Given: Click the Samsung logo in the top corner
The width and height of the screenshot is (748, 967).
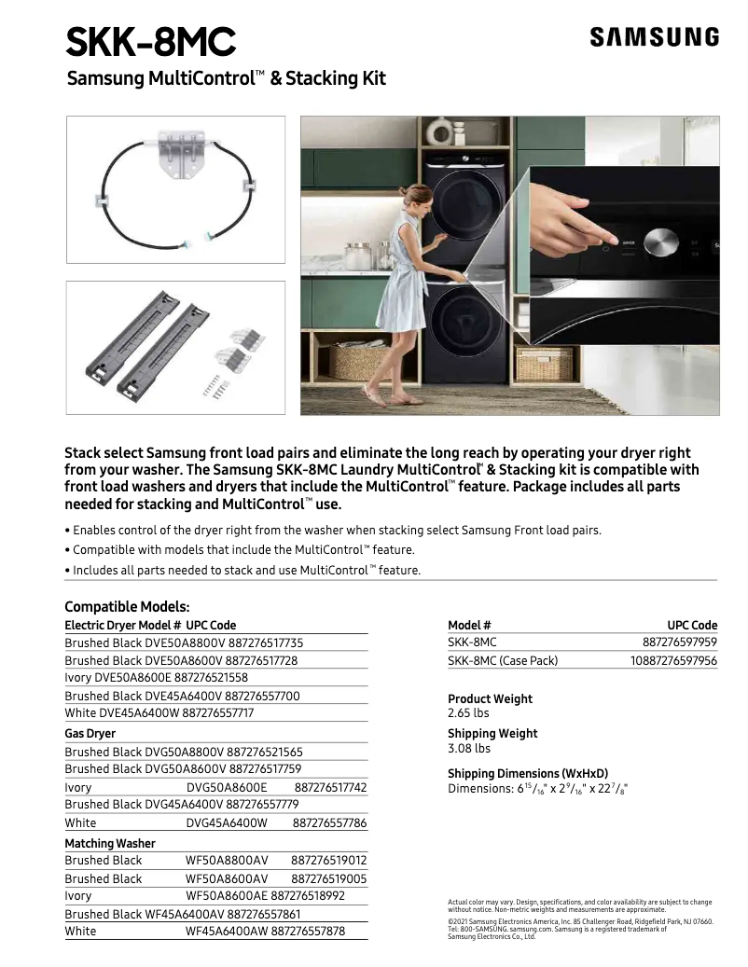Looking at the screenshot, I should pos(654,37).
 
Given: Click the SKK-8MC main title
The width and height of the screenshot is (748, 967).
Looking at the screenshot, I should pos(151,41).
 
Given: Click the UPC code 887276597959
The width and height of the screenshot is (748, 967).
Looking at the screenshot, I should pos(679,642).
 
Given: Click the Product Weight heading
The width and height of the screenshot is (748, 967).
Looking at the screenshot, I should pos(490,698).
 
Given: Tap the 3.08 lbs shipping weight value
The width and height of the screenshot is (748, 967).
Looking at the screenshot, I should pos(468,748).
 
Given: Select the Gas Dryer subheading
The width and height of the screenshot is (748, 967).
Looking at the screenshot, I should pos(90,734).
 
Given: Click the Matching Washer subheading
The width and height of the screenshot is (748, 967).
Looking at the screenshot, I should pos(110,843).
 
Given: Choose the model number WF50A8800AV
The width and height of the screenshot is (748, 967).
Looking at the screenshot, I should pos(227,861).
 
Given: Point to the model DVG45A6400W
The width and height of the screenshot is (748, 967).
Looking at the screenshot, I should pos(227,823).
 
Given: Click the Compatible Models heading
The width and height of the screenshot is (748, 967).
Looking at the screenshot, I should pos(127,606).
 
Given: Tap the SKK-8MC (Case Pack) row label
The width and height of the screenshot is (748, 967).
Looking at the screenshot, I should pos(503,660).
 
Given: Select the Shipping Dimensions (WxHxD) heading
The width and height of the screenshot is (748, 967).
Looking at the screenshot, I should pos(528,773).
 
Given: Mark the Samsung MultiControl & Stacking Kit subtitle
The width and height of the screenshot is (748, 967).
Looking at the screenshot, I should pos(227,79).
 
